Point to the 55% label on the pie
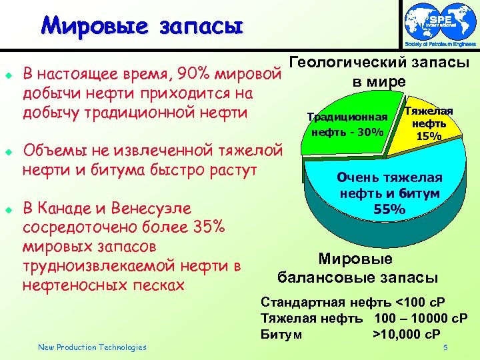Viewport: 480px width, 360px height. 389,209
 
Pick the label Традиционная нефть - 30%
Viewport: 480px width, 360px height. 347,125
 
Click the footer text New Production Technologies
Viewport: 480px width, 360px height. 92,347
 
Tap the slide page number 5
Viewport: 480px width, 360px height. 445,347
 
